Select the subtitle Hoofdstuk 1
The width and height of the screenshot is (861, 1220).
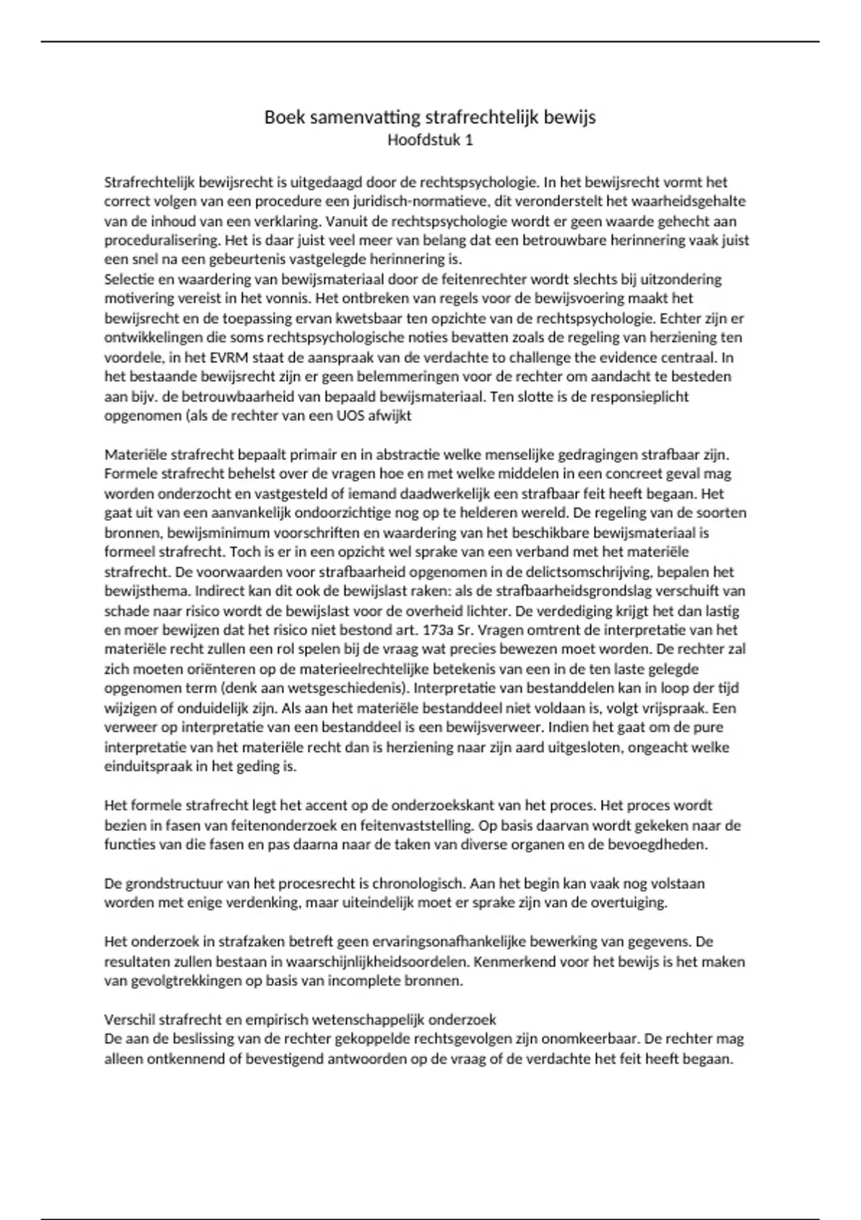(x=430, y=140)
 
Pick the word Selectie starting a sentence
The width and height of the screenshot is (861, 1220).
(x=128, y=279)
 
